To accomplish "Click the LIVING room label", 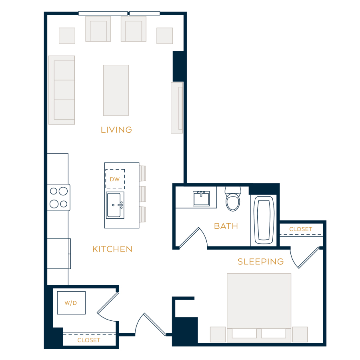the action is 116,130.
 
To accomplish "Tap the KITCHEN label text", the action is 112,249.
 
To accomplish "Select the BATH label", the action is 226,226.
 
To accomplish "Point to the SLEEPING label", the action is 260,262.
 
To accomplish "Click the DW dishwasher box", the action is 115,179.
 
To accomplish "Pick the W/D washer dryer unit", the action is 71,303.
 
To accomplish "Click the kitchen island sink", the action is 115,205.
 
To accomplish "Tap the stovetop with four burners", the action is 58,198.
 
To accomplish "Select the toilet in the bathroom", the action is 233,199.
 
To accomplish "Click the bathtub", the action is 264,220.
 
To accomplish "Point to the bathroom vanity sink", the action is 201,198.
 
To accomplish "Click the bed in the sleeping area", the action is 259,308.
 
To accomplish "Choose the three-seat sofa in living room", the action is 62,90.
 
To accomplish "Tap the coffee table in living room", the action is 116,90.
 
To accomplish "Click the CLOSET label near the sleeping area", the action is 301,229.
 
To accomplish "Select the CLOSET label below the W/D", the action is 89,340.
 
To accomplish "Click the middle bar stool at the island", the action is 142,194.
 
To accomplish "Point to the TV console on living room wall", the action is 177,108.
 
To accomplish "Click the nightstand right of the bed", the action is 300,334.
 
